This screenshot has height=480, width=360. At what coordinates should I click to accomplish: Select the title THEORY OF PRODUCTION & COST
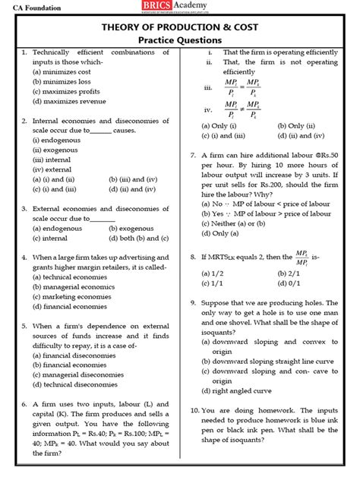click(x=180, y=24)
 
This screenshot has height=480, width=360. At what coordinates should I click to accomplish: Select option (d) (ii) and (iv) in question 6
click(x=304, y=134)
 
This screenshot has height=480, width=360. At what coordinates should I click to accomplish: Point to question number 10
click(x=194, y=409)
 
